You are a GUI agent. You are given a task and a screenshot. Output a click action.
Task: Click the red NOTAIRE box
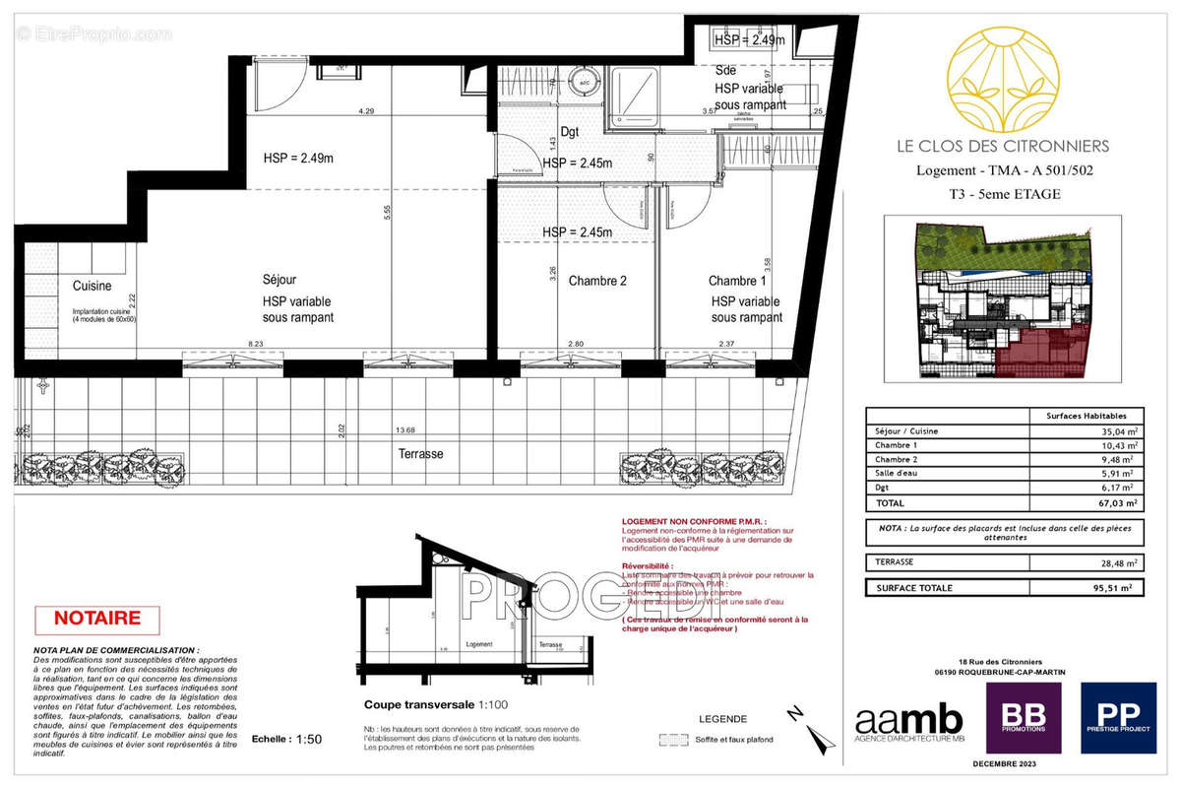pos(96,620)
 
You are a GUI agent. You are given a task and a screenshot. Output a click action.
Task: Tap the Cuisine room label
pos(92,287)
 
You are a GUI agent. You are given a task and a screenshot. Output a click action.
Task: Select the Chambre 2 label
pos(597,281)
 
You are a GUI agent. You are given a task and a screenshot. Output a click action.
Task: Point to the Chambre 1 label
pos(738,281)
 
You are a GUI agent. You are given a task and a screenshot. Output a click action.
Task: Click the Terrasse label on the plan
pos(421,454)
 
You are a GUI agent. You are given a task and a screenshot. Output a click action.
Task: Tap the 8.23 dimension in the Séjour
pos(256,344)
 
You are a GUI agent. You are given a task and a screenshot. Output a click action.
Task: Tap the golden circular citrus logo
pos(1002,82)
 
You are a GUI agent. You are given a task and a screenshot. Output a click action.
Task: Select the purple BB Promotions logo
pos(1023,718)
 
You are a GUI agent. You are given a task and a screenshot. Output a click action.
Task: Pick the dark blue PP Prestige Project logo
pos(1118,718)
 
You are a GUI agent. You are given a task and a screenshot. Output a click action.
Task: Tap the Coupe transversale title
pos(420,705)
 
